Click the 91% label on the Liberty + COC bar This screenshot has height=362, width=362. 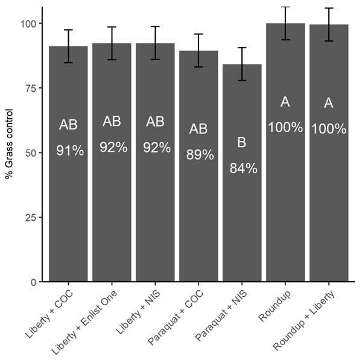tap(69, 151)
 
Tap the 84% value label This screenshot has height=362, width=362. tap(243, 169)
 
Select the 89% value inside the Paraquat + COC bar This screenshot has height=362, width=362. tap(200, 155)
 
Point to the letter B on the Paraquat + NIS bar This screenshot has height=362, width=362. tap(242, 143)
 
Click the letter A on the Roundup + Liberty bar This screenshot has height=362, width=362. tap(329, 103)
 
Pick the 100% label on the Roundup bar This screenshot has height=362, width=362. tap(285, 127)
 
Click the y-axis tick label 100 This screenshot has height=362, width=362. tap(28, 24)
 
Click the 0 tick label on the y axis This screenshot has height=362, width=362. tap(33, 282)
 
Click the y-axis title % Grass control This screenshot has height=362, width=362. tap(9, 144)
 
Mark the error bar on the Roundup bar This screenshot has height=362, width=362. tap(285, 24)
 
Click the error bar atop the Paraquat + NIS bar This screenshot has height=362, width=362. tap(242, 64)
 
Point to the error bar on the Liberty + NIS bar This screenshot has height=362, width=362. tap(155, 43)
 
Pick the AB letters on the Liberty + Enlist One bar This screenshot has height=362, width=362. tap(112, 121)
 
